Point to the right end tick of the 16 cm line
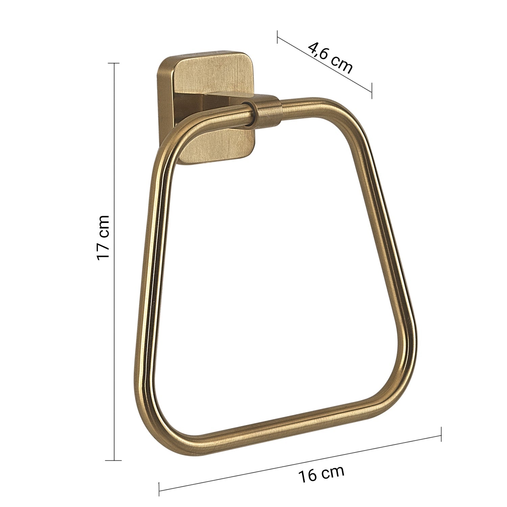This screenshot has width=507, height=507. [x=441, y=434]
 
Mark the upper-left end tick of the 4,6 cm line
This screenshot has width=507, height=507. [x=277, y=37]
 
